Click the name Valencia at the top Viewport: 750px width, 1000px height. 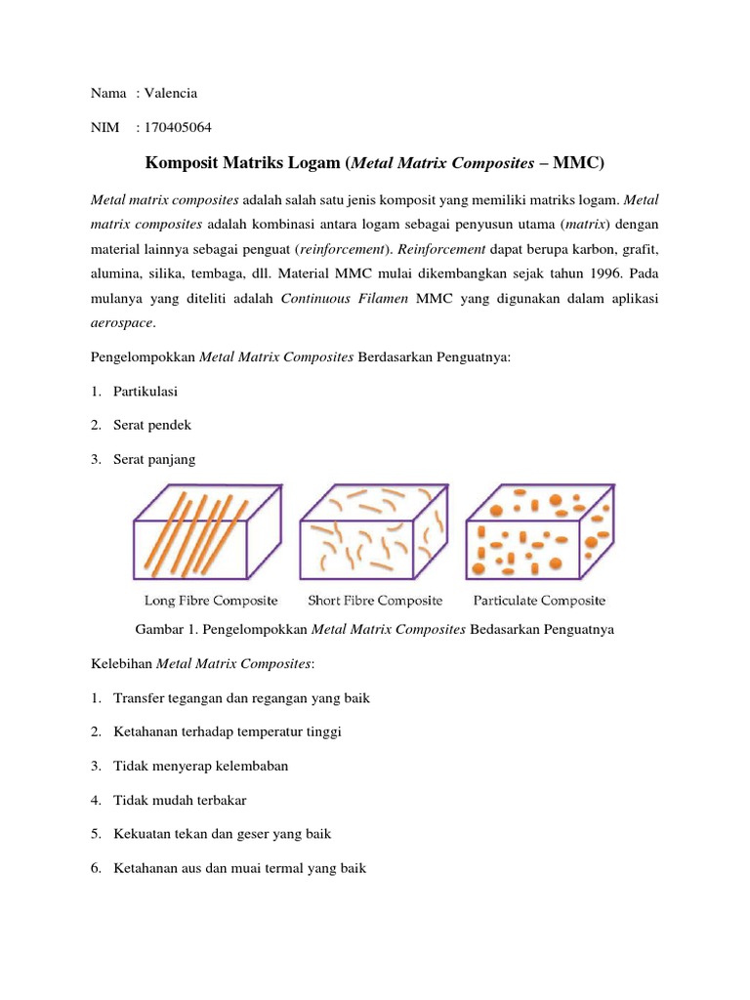point(170,93)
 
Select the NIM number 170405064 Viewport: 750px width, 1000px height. point(177,127)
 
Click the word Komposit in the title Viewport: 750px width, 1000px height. point(185,161)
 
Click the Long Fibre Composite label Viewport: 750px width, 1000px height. point(211,600)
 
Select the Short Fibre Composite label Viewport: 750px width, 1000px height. point(375,600)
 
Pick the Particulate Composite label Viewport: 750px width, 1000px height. point(539,600)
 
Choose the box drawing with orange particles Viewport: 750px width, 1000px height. point(539,534)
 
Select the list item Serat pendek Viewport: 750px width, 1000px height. point(151,425)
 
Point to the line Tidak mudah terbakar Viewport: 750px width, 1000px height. point(180,800)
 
